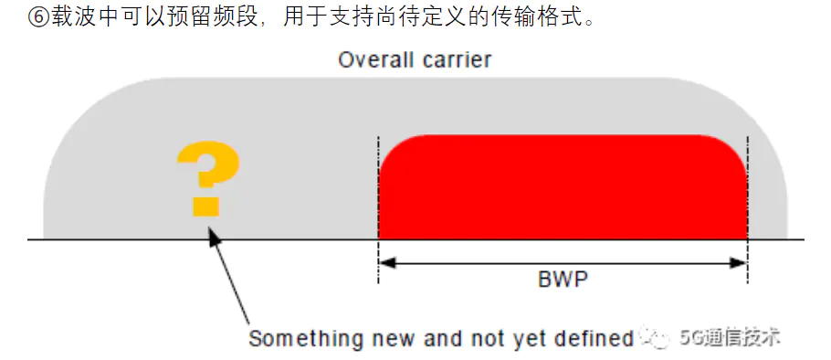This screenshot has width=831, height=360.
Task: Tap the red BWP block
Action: (x=563, y=187)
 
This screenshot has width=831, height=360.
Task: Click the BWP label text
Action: (x=563, y=279)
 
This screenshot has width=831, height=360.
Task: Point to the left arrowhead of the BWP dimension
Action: (x=386, y=263)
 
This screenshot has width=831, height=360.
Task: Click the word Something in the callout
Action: (x=297, y=339)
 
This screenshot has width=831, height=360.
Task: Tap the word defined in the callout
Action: (x=598, y=339)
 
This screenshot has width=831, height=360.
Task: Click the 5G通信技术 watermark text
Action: (x=731, y=337)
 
